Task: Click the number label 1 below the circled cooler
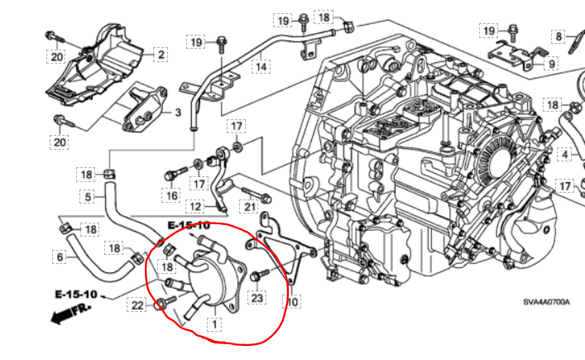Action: point(215,324)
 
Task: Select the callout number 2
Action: point(160,55)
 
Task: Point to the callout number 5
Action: point(87,197)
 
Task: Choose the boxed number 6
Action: point(60,257)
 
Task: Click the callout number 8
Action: point(559,36)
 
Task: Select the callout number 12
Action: point(195,206)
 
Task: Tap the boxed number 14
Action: point(261,65)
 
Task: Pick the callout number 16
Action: point(171,196)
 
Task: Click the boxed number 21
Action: point(248,206)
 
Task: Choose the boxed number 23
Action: point(258,298)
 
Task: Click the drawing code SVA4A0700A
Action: point(545,303)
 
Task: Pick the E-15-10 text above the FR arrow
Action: point(77,295)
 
